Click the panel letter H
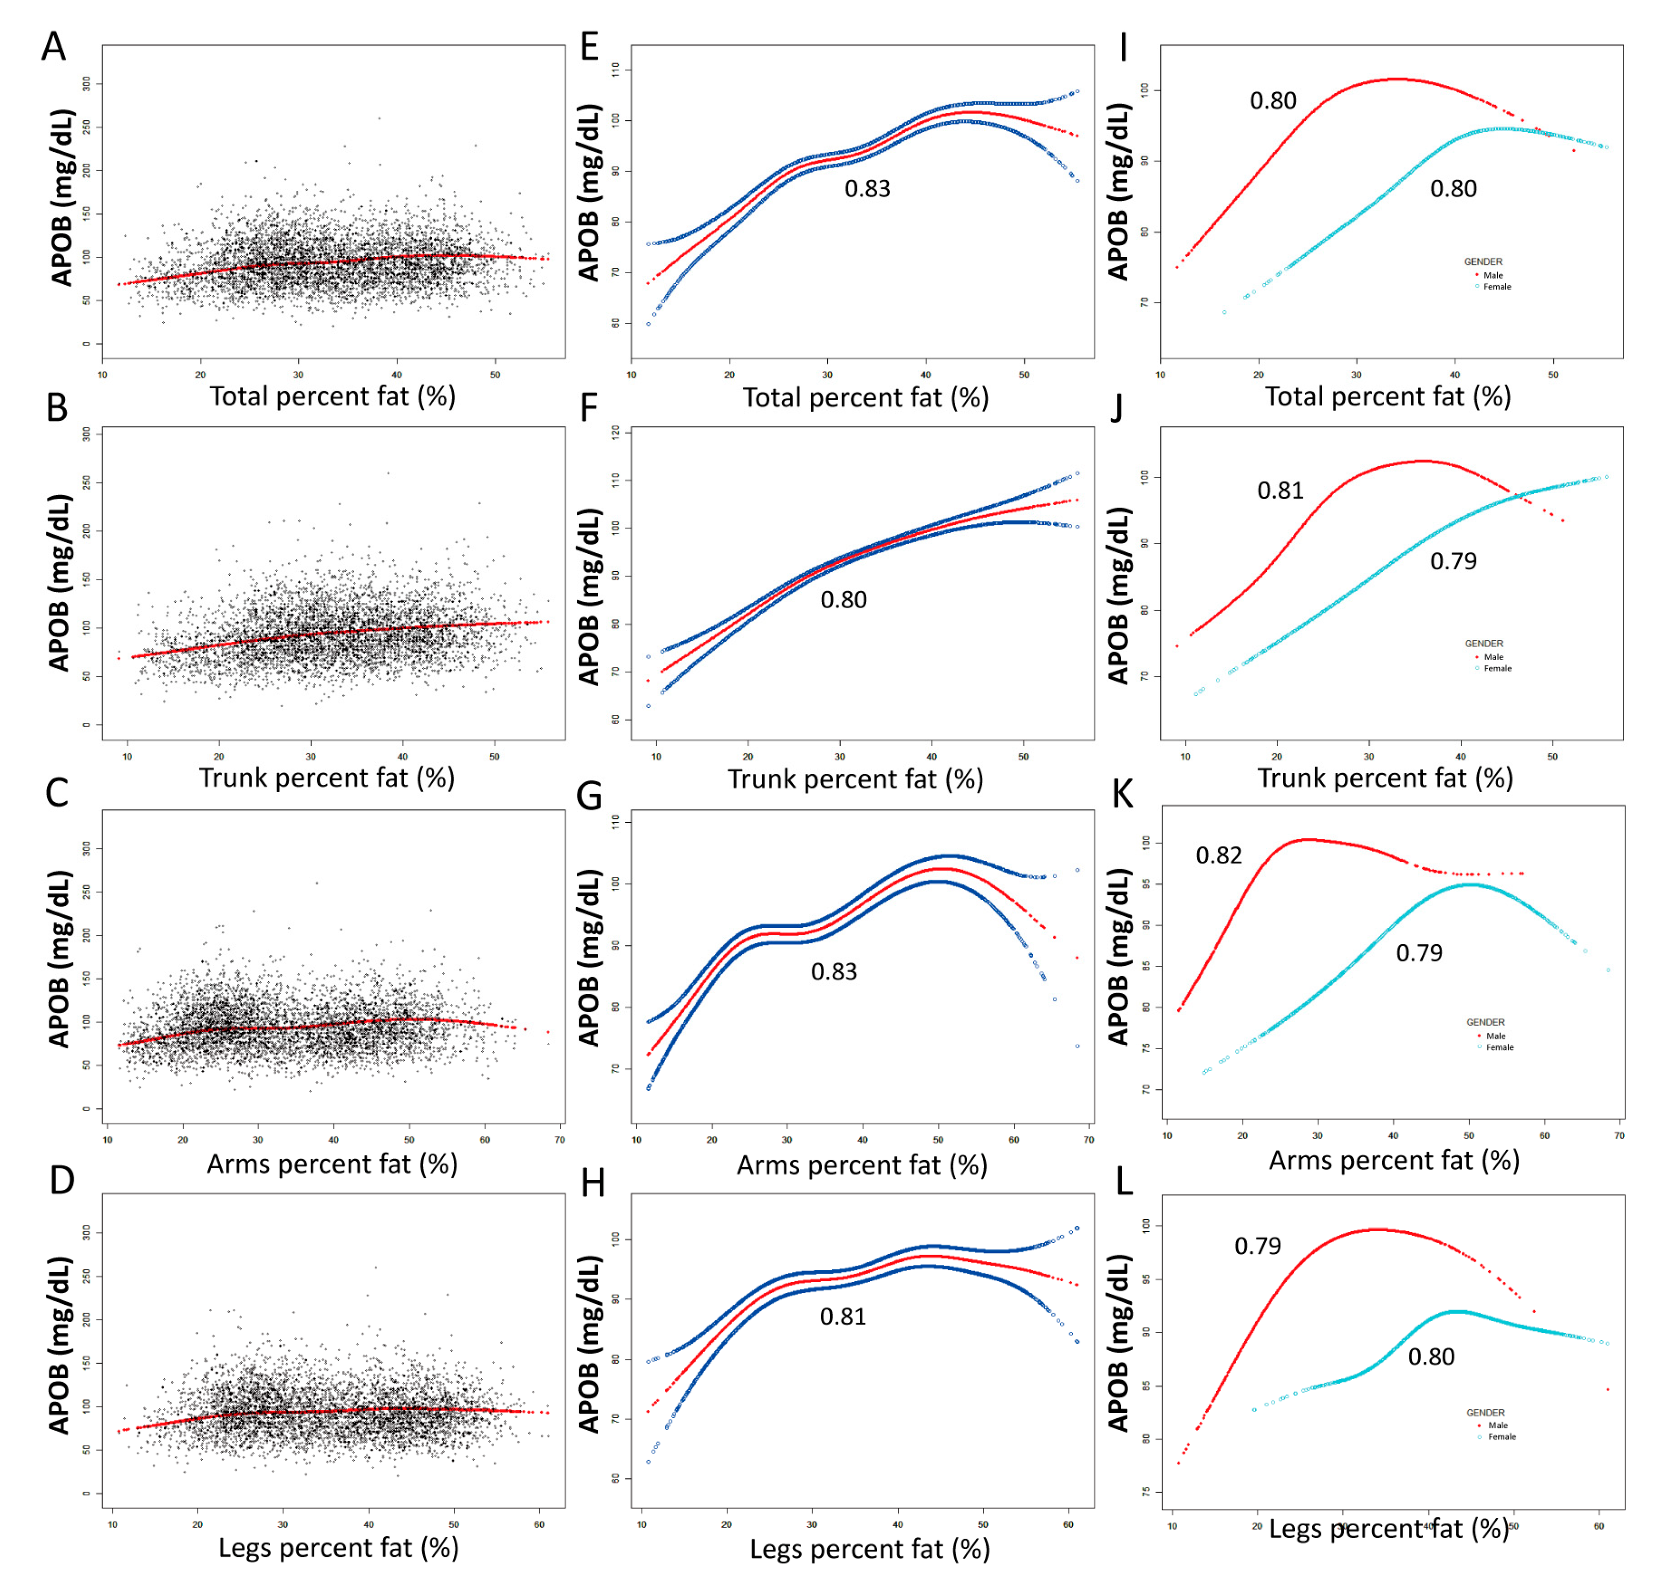click(593, 1183)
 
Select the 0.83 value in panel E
click(867, 188)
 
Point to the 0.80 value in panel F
click(843, 600)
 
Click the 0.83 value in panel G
click(833, 972)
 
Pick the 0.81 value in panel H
click(843, 1317)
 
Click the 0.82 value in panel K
click(1218, 856)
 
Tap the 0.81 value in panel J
click(1280, 490)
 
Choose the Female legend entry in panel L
click(1501, 1436)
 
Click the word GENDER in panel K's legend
click(1485, 1022)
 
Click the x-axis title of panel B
click(327, 777)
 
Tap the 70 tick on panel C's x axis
click(559, 1139)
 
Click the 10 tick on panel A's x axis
click(103, 375)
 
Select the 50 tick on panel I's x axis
click(1552, 375)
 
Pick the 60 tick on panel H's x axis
click(1068, 1524)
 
